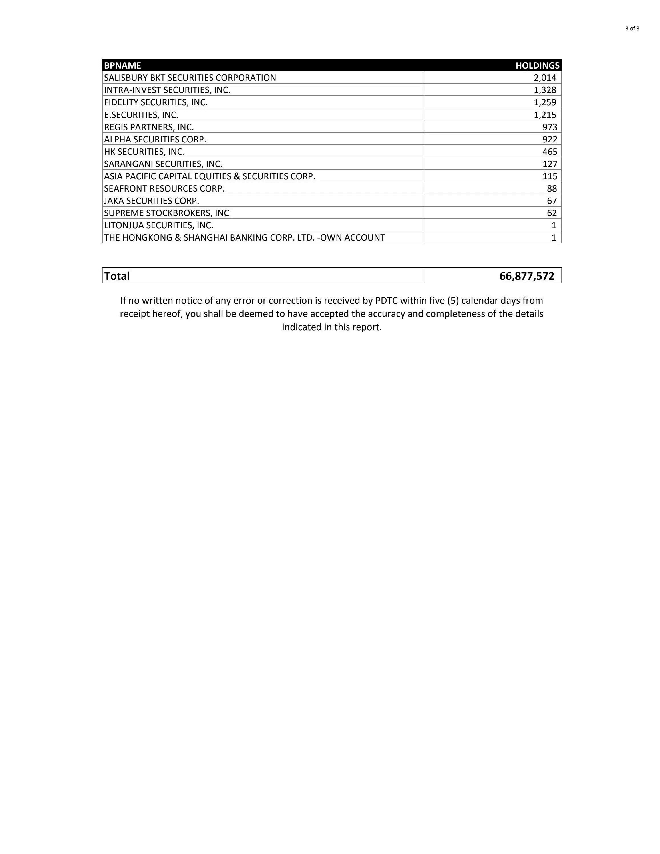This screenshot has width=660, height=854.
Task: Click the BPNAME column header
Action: [122, 65]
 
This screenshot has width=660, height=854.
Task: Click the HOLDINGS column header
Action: [537, 65]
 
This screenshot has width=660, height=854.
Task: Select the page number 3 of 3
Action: [632, 28]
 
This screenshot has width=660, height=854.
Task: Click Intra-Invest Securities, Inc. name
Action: [167, 90]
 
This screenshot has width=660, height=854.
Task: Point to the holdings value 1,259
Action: [545, 102]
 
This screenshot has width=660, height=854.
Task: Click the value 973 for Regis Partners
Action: [550, 127]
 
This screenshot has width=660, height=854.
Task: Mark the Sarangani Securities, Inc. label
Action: [163, 164]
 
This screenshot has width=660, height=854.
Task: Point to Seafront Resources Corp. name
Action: [164, 188]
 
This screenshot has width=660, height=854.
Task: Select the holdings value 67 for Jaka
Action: [552, 201]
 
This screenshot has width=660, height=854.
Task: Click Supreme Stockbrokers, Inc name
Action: [166, 213]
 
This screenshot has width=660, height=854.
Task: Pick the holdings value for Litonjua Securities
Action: [554, 225]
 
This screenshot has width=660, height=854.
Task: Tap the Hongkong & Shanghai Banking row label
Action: [244, 237]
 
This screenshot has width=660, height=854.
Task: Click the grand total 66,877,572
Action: [527, 276]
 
